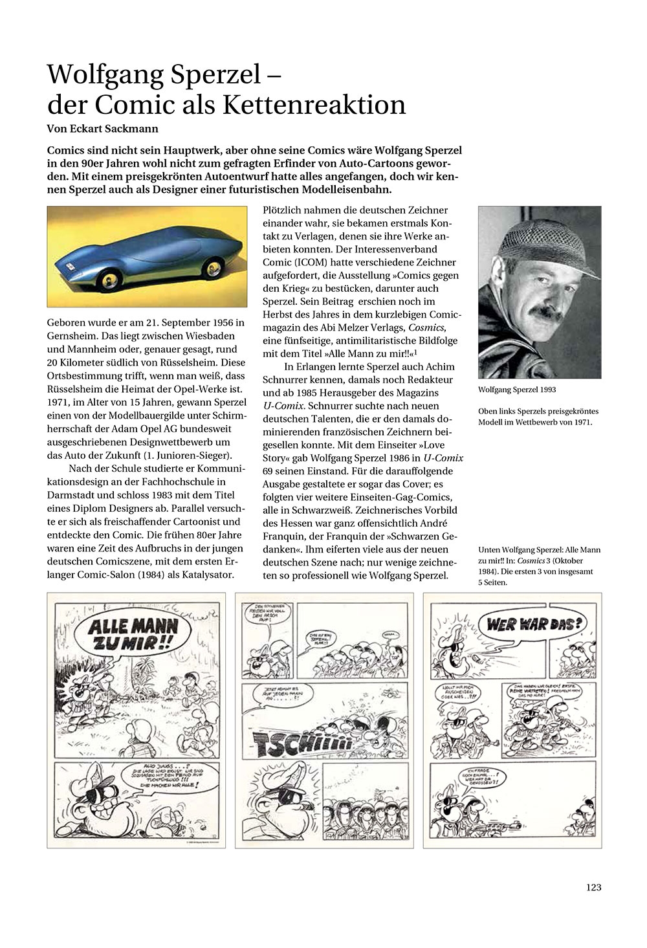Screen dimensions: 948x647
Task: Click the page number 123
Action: (x=593, y=887)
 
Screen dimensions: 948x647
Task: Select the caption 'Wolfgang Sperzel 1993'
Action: (x=517, y=390)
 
